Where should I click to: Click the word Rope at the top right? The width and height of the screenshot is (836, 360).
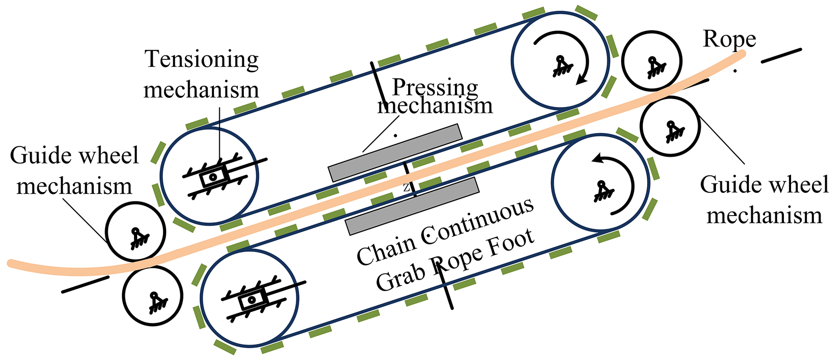point(729,40)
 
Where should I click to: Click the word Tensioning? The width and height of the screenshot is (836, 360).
point(201,59)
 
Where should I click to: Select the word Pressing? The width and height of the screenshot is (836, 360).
point(435,87)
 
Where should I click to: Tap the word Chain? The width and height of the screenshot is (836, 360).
point(386,249)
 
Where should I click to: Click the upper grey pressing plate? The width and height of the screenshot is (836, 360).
point(395,152)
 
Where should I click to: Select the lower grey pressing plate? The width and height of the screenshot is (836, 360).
point(412,206)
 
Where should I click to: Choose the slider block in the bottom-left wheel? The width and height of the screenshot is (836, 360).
point(252,300)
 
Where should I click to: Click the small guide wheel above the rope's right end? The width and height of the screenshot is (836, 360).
point(652,61)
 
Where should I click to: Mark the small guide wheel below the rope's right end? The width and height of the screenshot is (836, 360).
point(670,126)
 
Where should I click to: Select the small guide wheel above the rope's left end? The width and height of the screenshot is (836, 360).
point(135,232)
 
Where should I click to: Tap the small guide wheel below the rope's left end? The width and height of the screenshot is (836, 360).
point(152,296)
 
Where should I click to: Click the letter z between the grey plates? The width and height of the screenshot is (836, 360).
point(406,188)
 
